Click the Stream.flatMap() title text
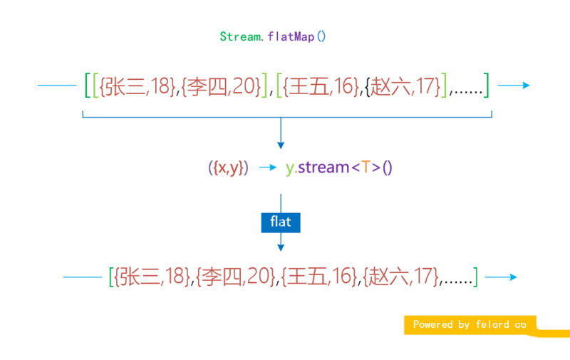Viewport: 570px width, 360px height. (x=272, y=36)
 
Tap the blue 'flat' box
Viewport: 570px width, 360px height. (x=281, y=222)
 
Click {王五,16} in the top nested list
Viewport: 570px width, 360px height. (x=320, y=86)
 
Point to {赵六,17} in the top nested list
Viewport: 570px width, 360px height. (x=401, y=86)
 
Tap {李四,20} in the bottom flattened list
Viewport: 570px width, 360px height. (x=236, y=276)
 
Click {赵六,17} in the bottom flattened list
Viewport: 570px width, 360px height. (x=400, y=276)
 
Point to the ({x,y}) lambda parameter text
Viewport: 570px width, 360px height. (x=228, y=168)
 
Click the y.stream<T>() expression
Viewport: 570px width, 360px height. (x=339, y=168)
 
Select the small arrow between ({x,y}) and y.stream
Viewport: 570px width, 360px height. (x=267, y=168)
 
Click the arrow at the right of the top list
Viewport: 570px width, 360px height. (x=514, y=86)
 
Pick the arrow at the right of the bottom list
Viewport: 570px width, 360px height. (x=500, y=277)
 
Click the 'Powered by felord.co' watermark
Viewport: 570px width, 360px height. (x=470, y=324)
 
